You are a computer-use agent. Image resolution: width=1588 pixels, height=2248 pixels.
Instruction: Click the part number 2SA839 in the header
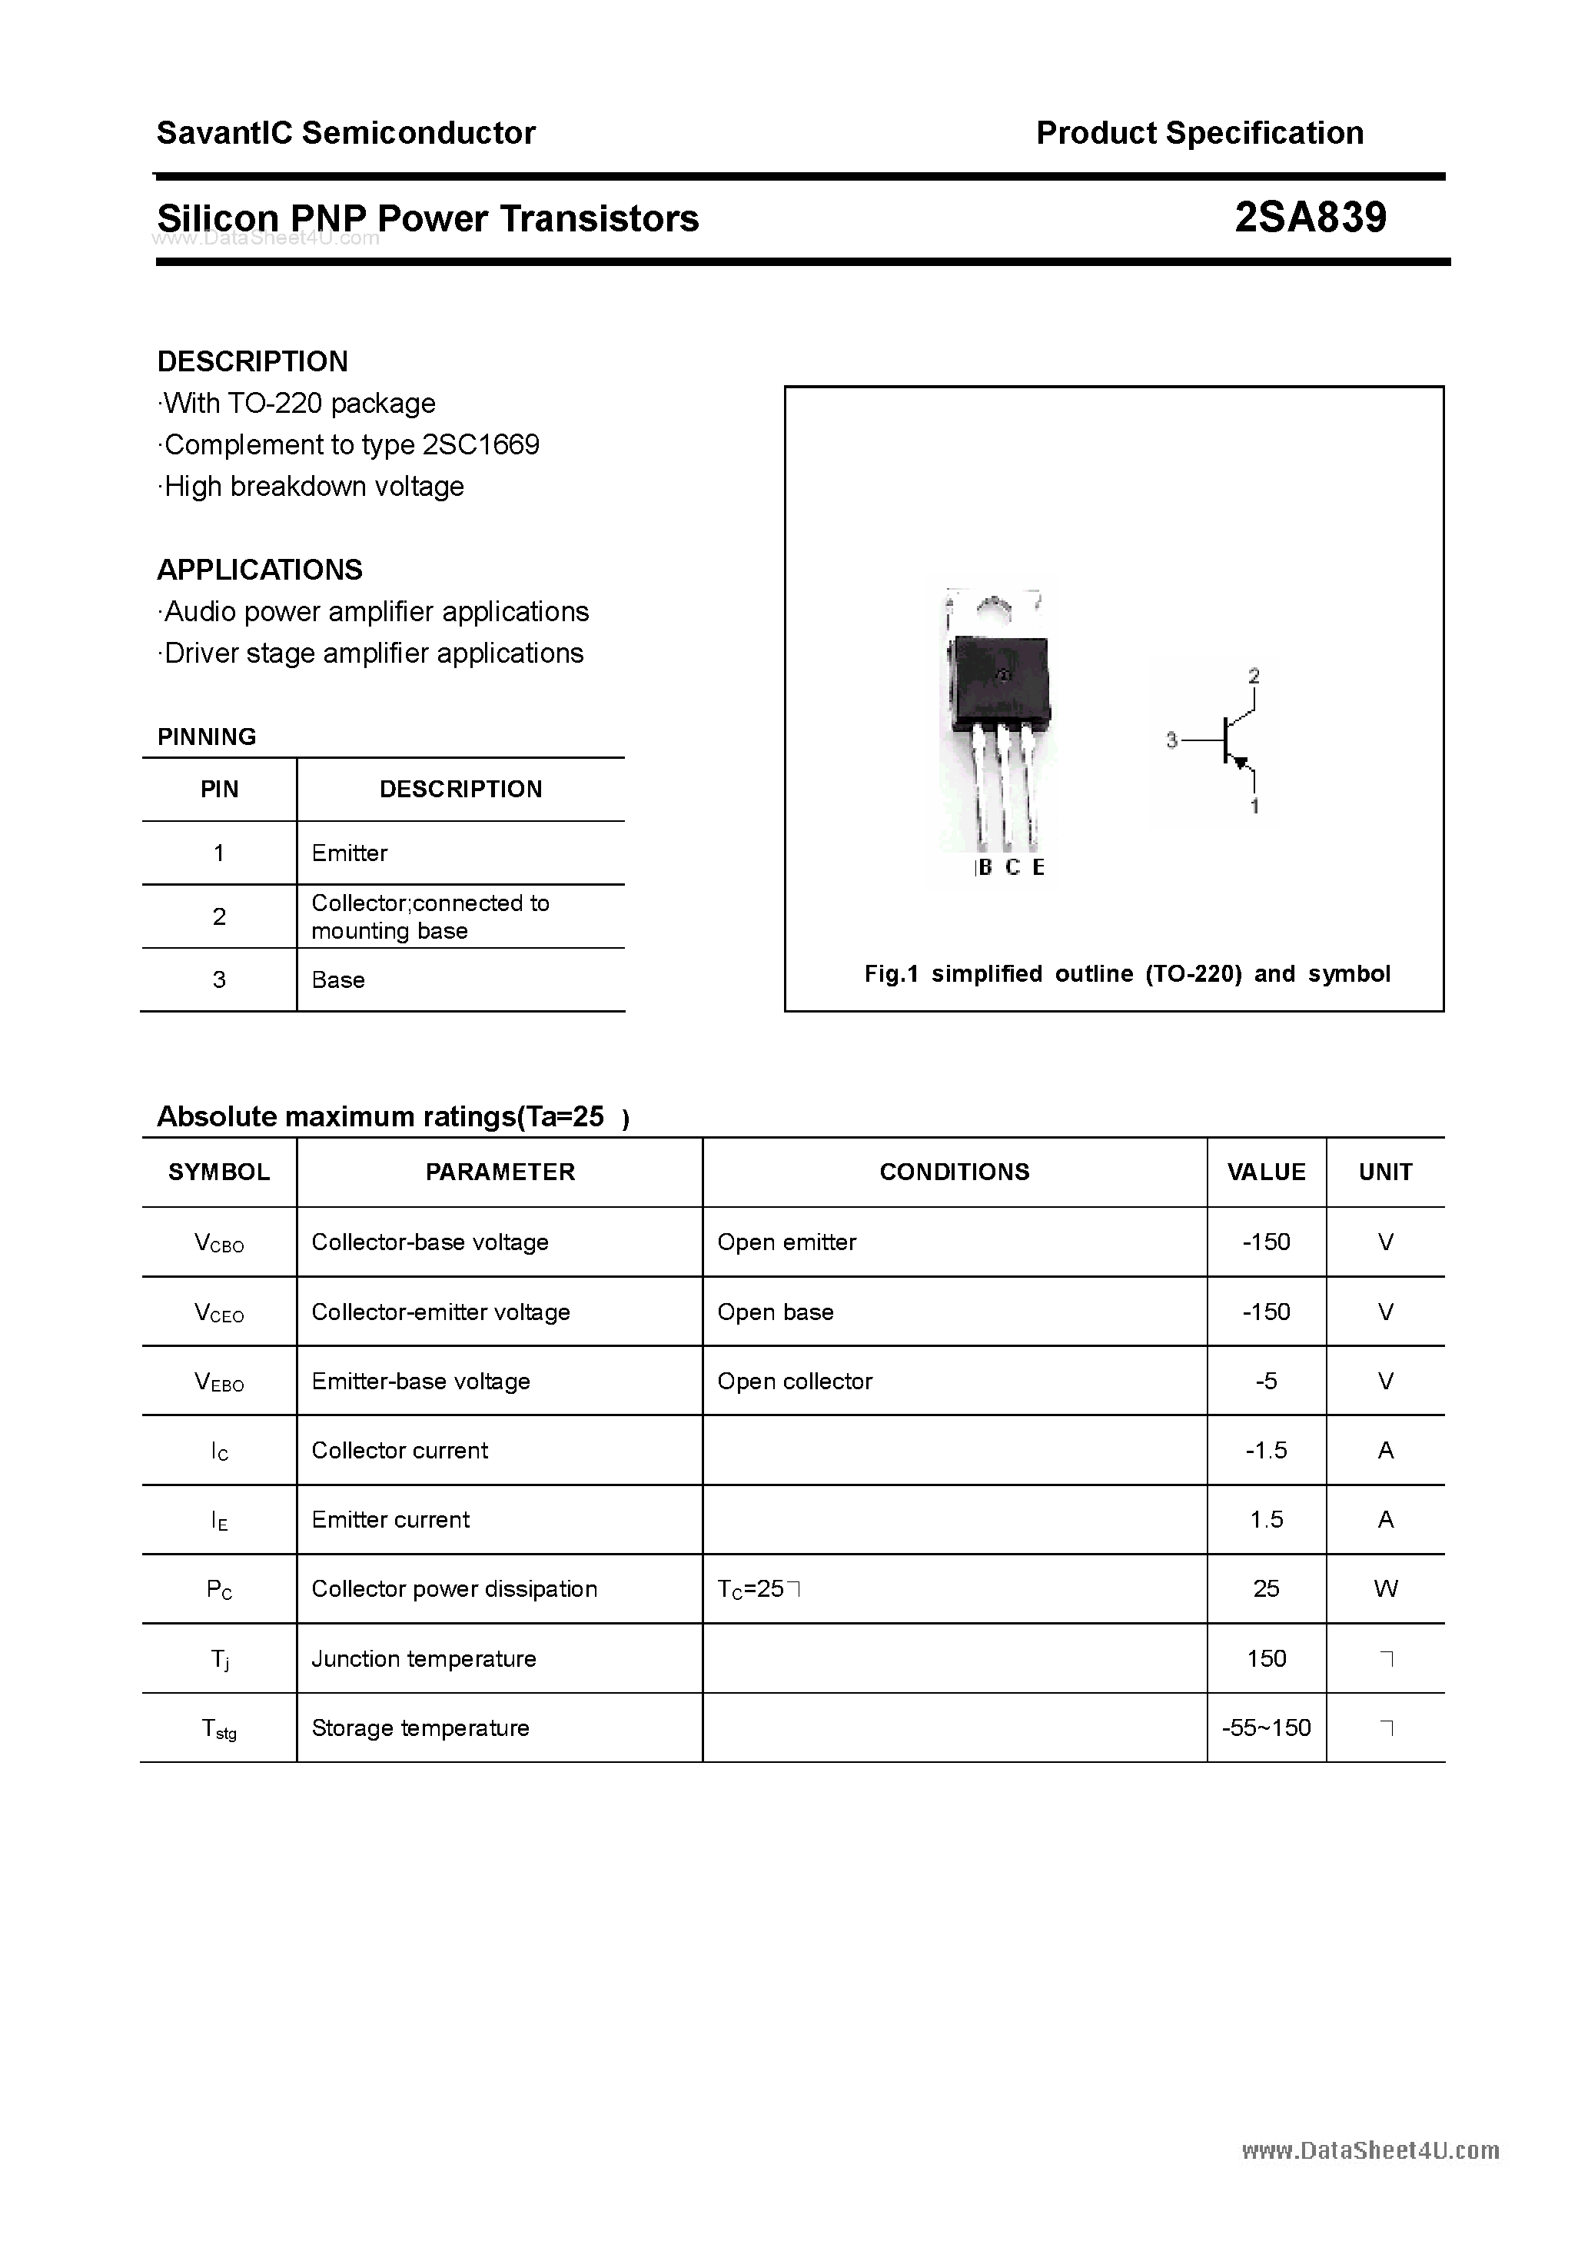(x=1309, y=218)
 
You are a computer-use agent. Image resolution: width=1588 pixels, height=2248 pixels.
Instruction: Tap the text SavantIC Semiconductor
(x=346, y=132)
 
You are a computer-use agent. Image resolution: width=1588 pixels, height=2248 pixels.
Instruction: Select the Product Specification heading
(x=1199, y=132)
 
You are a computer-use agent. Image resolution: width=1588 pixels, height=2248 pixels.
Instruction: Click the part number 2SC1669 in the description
(x=480, y=444)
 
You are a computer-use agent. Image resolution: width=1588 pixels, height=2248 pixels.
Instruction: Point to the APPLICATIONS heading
(x=260, y=569)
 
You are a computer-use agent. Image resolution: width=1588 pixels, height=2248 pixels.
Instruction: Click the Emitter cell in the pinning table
(x=350, y=853)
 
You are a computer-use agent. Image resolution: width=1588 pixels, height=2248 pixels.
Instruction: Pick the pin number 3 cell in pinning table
(x=218, y=979)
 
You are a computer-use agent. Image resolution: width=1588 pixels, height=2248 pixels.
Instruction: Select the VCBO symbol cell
(x=218, y=1242)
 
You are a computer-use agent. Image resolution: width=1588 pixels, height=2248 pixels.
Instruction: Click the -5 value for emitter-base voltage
(x=1265, y=1381)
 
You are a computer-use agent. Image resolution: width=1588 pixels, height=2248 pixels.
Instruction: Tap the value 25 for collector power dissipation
(x=1265, y=1588)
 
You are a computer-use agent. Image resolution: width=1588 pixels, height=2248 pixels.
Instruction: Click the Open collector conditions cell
(x=794, y=1381)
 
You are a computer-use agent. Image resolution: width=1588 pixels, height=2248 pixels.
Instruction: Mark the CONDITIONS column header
(x=954, y=1172)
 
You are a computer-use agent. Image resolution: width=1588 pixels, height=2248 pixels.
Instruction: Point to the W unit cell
(x=1384, y=1588)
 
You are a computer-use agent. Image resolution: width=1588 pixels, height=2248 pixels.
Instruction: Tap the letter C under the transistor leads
(x=1012, y=867)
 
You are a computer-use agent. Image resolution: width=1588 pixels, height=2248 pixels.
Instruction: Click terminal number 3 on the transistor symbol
(x=1171, y=740)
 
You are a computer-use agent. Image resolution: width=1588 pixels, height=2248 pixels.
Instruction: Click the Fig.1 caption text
(x=1126, y=973)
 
